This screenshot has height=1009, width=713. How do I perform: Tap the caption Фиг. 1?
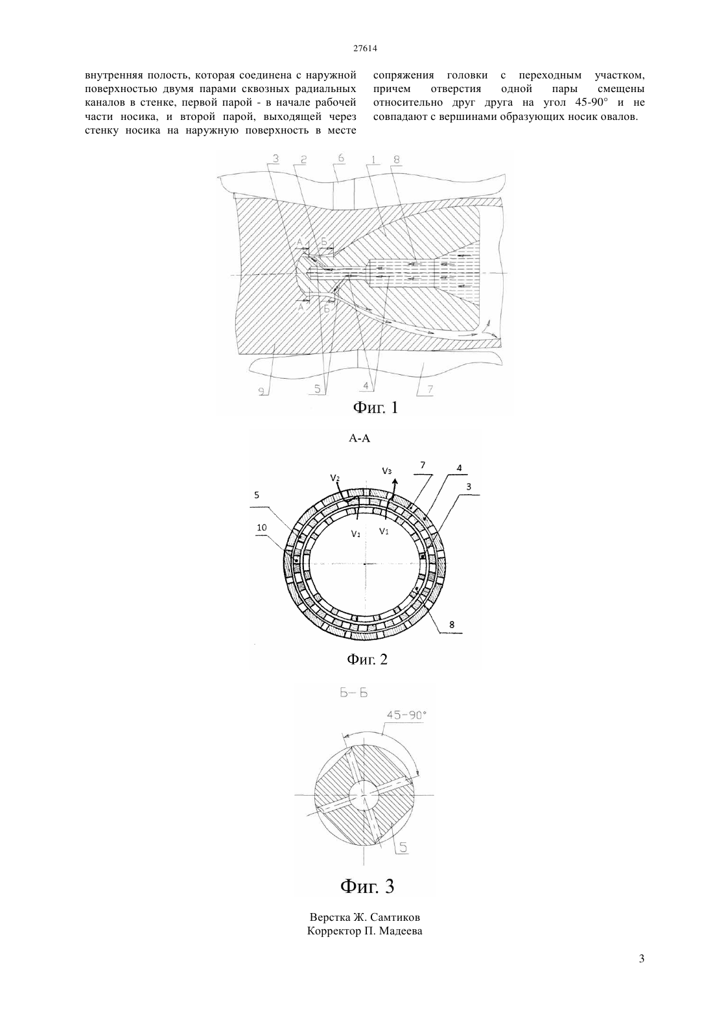pyautogui.click(x=375, y=408)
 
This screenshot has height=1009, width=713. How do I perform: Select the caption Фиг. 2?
pyautogui.click(x=367, y=659)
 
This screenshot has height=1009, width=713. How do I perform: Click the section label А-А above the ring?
pyautogui.click(x=359, y=438)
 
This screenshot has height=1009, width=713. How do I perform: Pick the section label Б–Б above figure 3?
pyautogui.click(x=354, y=693)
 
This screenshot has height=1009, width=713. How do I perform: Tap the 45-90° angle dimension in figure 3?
pyautogui.click(x=406, y=715)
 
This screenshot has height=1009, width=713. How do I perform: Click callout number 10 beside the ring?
pyautogui.click(x=261, y=528)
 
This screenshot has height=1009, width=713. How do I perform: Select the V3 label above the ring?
pyautogui.click(x=387, y=471)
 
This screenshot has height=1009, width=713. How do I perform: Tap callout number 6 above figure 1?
pyautogui.click(x=341, y=158)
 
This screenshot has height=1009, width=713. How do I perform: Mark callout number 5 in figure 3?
pyautogui.click(x=403, y=848)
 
